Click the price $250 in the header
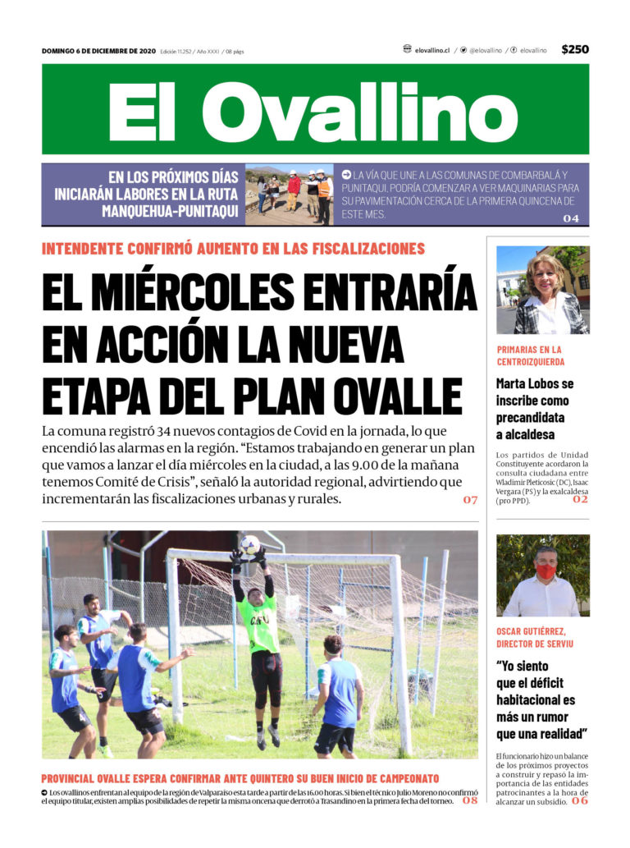575,49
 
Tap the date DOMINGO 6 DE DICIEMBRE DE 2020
98,51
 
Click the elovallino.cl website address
431,50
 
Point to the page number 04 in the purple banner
571,218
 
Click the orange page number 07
470,500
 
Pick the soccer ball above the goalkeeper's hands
250,543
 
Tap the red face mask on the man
546,571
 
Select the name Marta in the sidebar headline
514,383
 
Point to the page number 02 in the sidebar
581,499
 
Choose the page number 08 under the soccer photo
470,800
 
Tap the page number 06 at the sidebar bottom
580,800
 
